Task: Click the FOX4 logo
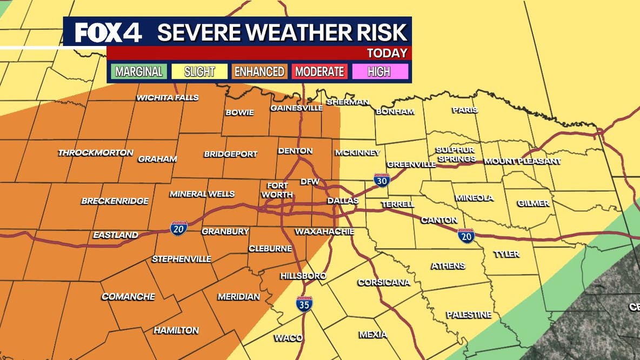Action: coord(108,32)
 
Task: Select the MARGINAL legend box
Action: coord(139,71)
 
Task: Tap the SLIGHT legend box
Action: coord(199,71)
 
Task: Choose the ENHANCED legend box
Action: coord(259,71)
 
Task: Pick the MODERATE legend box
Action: coord(319,71)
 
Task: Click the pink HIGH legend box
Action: coord(379,71)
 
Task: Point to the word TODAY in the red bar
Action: coord(386,53)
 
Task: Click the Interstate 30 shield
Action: coord(382,180)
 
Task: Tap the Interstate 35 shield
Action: coord(304,303)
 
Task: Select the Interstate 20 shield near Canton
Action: coord(466,235)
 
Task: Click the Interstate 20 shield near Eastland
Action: coord(179,228)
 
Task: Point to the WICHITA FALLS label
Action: coord(168,98)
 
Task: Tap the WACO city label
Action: coord(288,338)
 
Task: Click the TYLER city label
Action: coord(506,254)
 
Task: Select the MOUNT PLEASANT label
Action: coord(522,161)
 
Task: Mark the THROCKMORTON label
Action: coord(96,153)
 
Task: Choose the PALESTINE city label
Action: coord(469,315)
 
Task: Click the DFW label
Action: coord(310,181)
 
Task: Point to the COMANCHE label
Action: coord(128,297)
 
